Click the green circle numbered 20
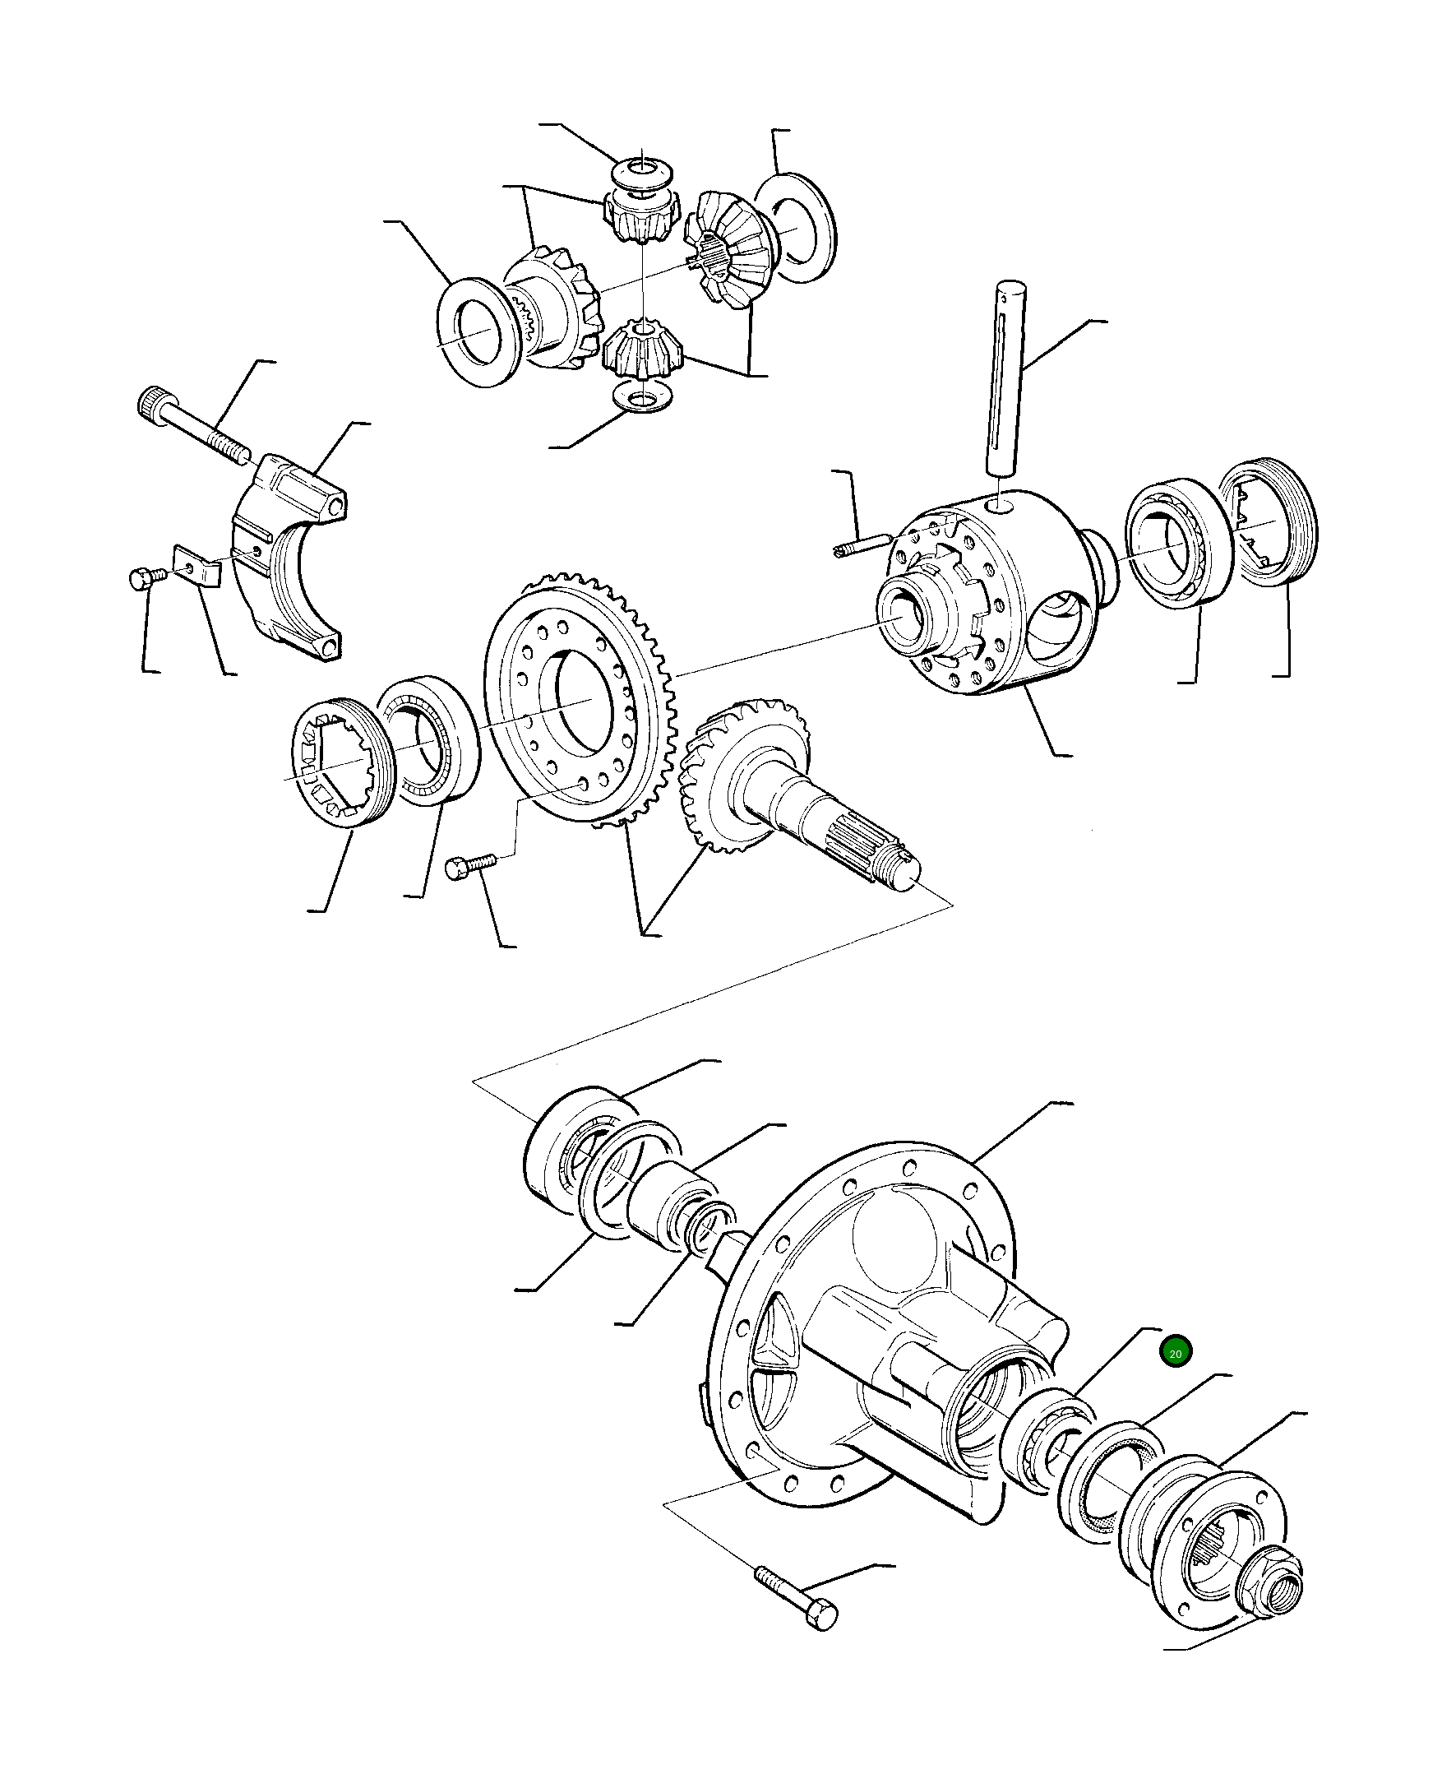(1176, 1354)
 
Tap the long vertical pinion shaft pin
(1009, 378)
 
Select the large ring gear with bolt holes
(581, 699)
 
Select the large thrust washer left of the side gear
(478, 331)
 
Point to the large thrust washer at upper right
(794, 229)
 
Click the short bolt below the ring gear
(470, 865)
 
